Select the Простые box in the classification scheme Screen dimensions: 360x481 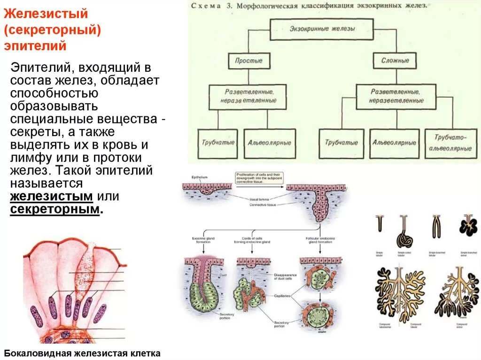[248, 61]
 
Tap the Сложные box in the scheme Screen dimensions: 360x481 [395, 61]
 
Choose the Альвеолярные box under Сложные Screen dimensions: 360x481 [394, 142]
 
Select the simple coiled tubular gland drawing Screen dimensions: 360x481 [405, 232]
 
